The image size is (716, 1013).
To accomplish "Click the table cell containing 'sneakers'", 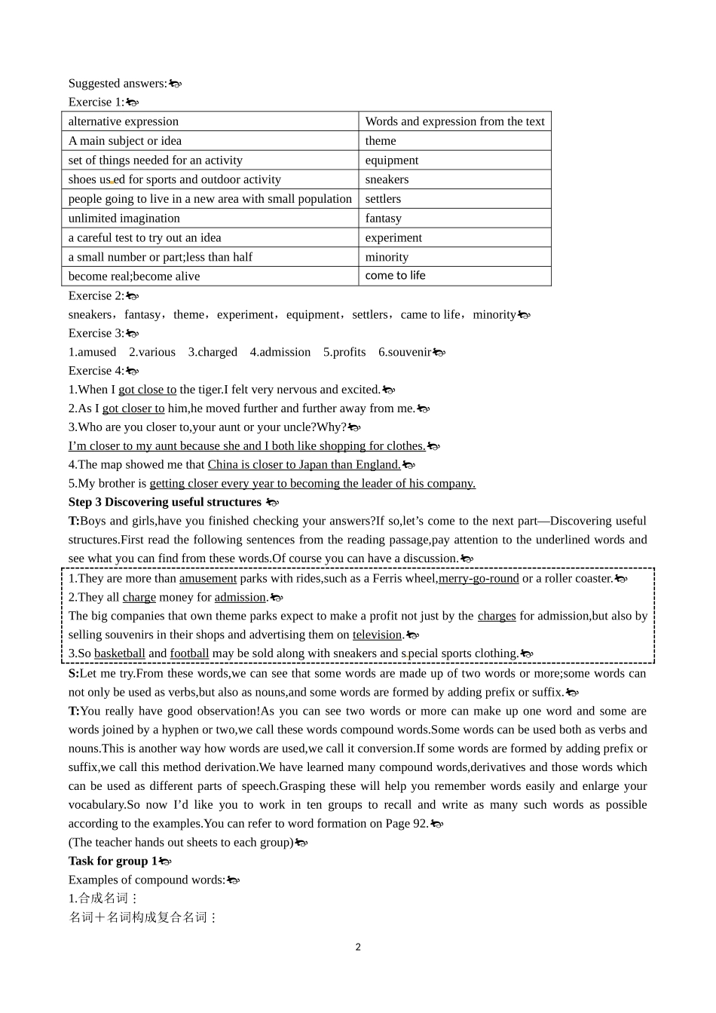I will tap(454, 179).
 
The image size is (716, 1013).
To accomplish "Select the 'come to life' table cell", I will tap(454, 276).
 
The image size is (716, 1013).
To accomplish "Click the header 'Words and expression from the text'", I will tap(454, 121).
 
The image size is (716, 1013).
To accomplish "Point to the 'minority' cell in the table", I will tap(454, 257).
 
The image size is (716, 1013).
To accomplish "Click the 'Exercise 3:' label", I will tap(96, 333).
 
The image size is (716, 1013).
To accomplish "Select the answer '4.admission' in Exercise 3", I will tap(280, 352).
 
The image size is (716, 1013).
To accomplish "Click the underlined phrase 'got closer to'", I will tap(133, 409).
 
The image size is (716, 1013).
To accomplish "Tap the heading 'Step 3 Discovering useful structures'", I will tap(164, 502).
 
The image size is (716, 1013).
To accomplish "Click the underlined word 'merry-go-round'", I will tap(478, 579).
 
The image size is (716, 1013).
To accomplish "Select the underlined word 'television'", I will tap(377, 635).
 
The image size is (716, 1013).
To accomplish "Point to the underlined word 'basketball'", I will tap(119, 654).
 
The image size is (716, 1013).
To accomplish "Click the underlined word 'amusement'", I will tap(207, 579).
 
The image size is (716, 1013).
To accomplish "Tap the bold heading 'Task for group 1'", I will tap(112, 861).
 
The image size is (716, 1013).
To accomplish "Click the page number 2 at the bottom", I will tap(358, 947).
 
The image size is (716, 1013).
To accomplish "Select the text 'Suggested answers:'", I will tap(117, 84).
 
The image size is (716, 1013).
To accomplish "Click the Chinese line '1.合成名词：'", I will tap(103, 898).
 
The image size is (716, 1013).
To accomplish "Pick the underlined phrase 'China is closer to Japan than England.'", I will tap(304, 465).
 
